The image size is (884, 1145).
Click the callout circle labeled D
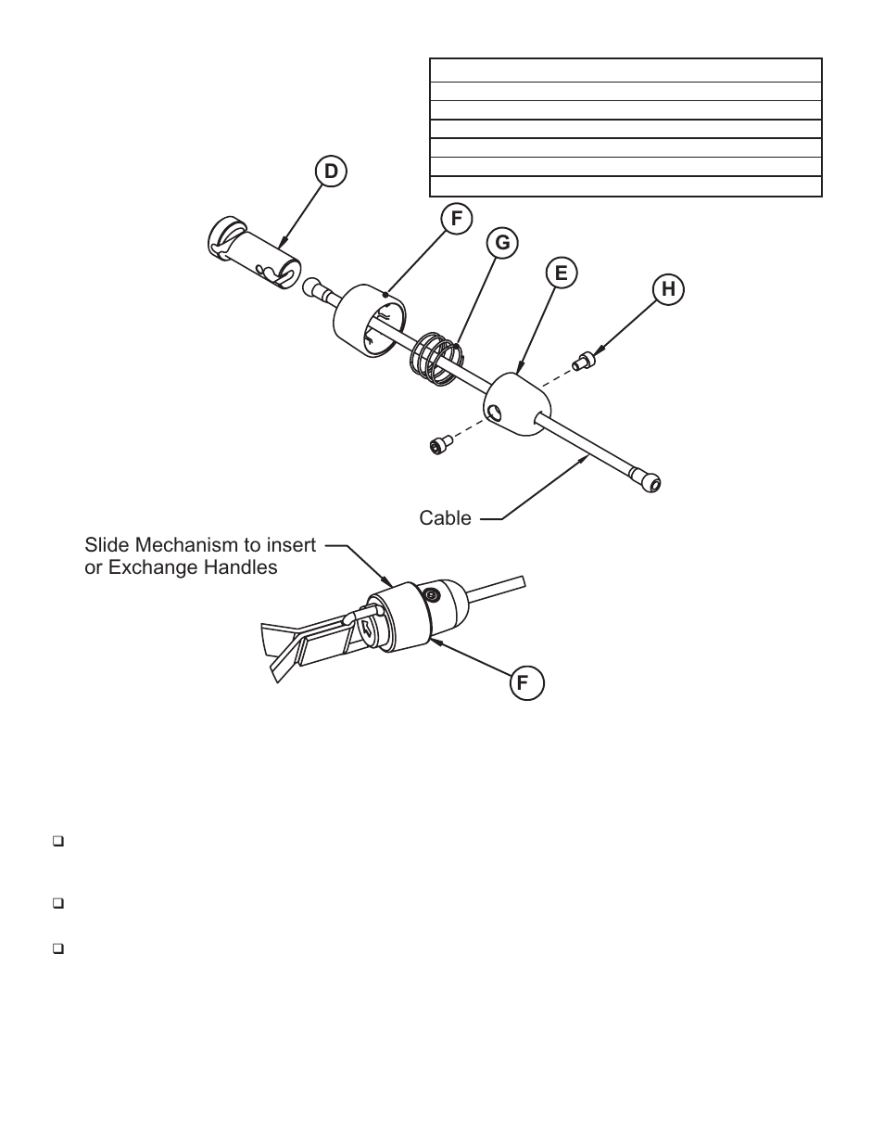click(329, 172)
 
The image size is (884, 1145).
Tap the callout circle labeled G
click(502, 243)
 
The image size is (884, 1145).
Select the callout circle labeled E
click(561, 273)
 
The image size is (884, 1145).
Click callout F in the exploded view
click(455, 219)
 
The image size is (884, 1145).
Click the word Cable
click(445, 518)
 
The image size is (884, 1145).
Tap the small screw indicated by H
click(583, 361)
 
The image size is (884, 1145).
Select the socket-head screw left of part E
click(439, 445)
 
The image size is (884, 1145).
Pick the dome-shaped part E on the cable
click(517, 405)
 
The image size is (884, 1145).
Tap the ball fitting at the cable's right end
click(650, 481)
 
